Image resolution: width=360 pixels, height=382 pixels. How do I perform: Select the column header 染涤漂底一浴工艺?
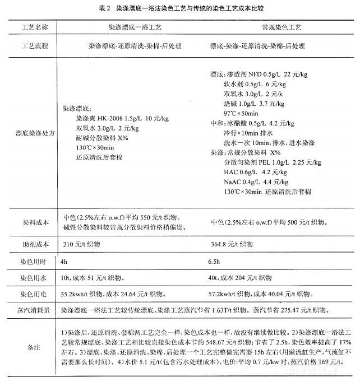[135, 27]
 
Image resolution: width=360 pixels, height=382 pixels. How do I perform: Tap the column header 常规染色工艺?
[269, 27]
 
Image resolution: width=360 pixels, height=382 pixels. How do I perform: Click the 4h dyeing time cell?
[63, 261]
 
